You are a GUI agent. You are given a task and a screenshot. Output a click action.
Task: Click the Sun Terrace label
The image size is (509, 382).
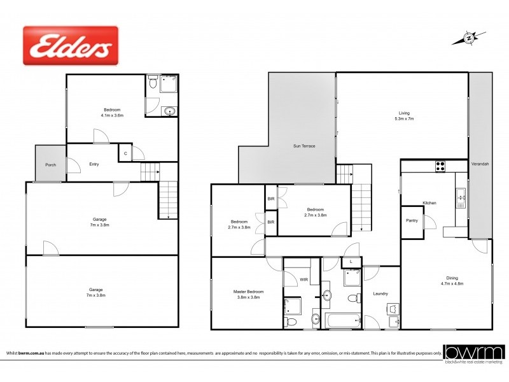click(x=303, y=146)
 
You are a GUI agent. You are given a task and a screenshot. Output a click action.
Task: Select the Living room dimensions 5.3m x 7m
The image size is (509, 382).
click(x=404, y=119)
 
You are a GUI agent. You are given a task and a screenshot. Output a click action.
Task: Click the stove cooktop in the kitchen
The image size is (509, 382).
click(x=440, y=167)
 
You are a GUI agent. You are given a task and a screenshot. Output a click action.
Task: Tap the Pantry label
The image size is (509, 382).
click(x=411, y=220)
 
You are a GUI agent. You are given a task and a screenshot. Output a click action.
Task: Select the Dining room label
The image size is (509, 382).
click(x=451, y=278)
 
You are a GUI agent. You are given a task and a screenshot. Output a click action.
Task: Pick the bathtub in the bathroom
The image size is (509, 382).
click(x=342, y=320)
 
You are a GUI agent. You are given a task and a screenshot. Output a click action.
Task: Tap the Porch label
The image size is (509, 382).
click(x=50, y=165)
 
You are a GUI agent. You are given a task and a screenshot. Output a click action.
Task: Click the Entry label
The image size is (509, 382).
click(x=94, y=164)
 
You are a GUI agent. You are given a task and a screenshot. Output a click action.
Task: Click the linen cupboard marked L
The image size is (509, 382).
click(x=351, y=261)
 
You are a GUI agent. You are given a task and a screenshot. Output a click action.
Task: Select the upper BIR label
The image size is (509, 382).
click(x=270, y=198)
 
